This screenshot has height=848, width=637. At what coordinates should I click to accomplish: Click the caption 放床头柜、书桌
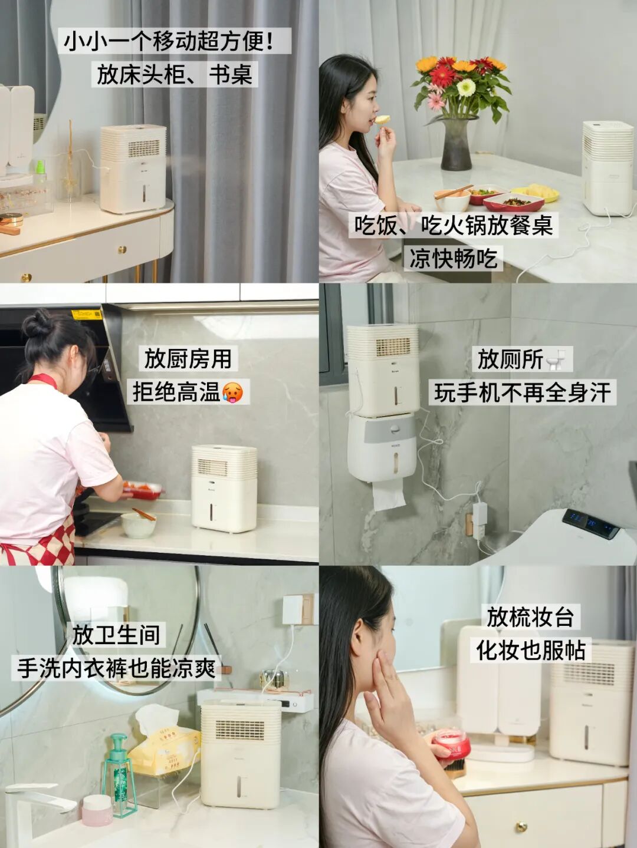[175, 75]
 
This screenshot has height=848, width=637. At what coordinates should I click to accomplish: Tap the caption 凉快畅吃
[454, 258]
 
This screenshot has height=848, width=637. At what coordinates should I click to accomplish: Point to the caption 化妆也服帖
[531, 650]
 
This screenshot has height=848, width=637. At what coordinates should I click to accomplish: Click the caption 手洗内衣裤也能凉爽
[116, 667]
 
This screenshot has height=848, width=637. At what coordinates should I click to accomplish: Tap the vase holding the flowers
[457, 144]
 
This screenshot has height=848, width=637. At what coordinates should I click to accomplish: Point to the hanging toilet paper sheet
[389, 496]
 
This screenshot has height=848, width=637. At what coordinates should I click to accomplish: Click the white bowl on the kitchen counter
[139, 526]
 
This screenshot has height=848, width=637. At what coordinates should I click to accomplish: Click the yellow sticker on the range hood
[87, 314]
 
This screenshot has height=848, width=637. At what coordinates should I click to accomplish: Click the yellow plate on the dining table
[535, 192]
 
